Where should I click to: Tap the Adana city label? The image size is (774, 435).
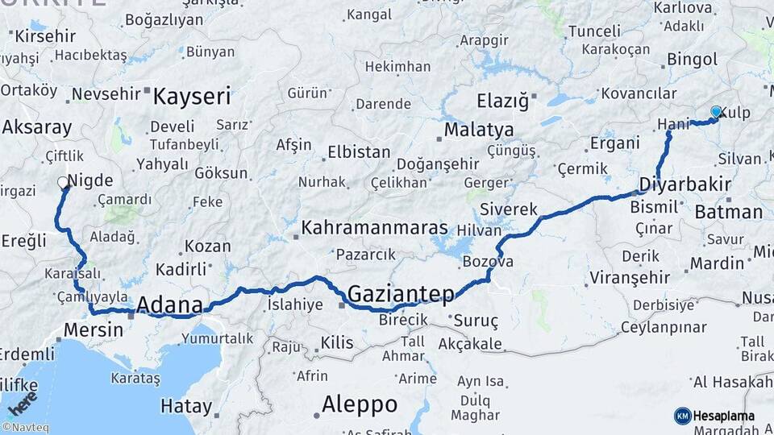pyautogui.click(x=169, y=305)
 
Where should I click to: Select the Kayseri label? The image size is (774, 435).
pyautogui.click(x=192, y=97)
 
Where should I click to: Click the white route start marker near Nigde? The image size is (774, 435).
pyautogui.click(x=64, y=183)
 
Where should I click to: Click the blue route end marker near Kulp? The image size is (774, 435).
pyautogui.click(x=716, y=112)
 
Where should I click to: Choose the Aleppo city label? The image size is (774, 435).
pyautogui.click(x=360, y=404)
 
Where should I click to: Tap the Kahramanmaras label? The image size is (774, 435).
pyautogui.click(x=374, y=228)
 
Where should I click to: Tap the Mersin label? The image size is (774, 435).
pyautogui.click(x=93, y=329)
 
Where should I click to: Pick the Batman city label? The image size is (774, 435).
pyautogui.click(x=728, y=213)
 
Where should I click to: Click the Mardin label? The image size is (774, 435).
pyautogui.click(x=717, y=263)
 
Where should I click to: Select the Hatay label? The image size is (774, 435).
pyautogui.click(x=185, y=406)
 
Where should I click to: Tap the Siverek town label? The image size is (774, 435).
pyautogui.click(x=508, y=209)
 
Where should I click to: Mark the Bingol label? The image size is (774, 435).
pyautogui.click(x=692, y=60)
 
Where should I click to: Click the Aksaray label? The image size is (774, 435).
pyautogui.click(x=37, y=127)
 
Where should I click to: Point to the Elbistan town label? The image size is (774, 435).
pyautogui.click(x=359, y=152)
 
